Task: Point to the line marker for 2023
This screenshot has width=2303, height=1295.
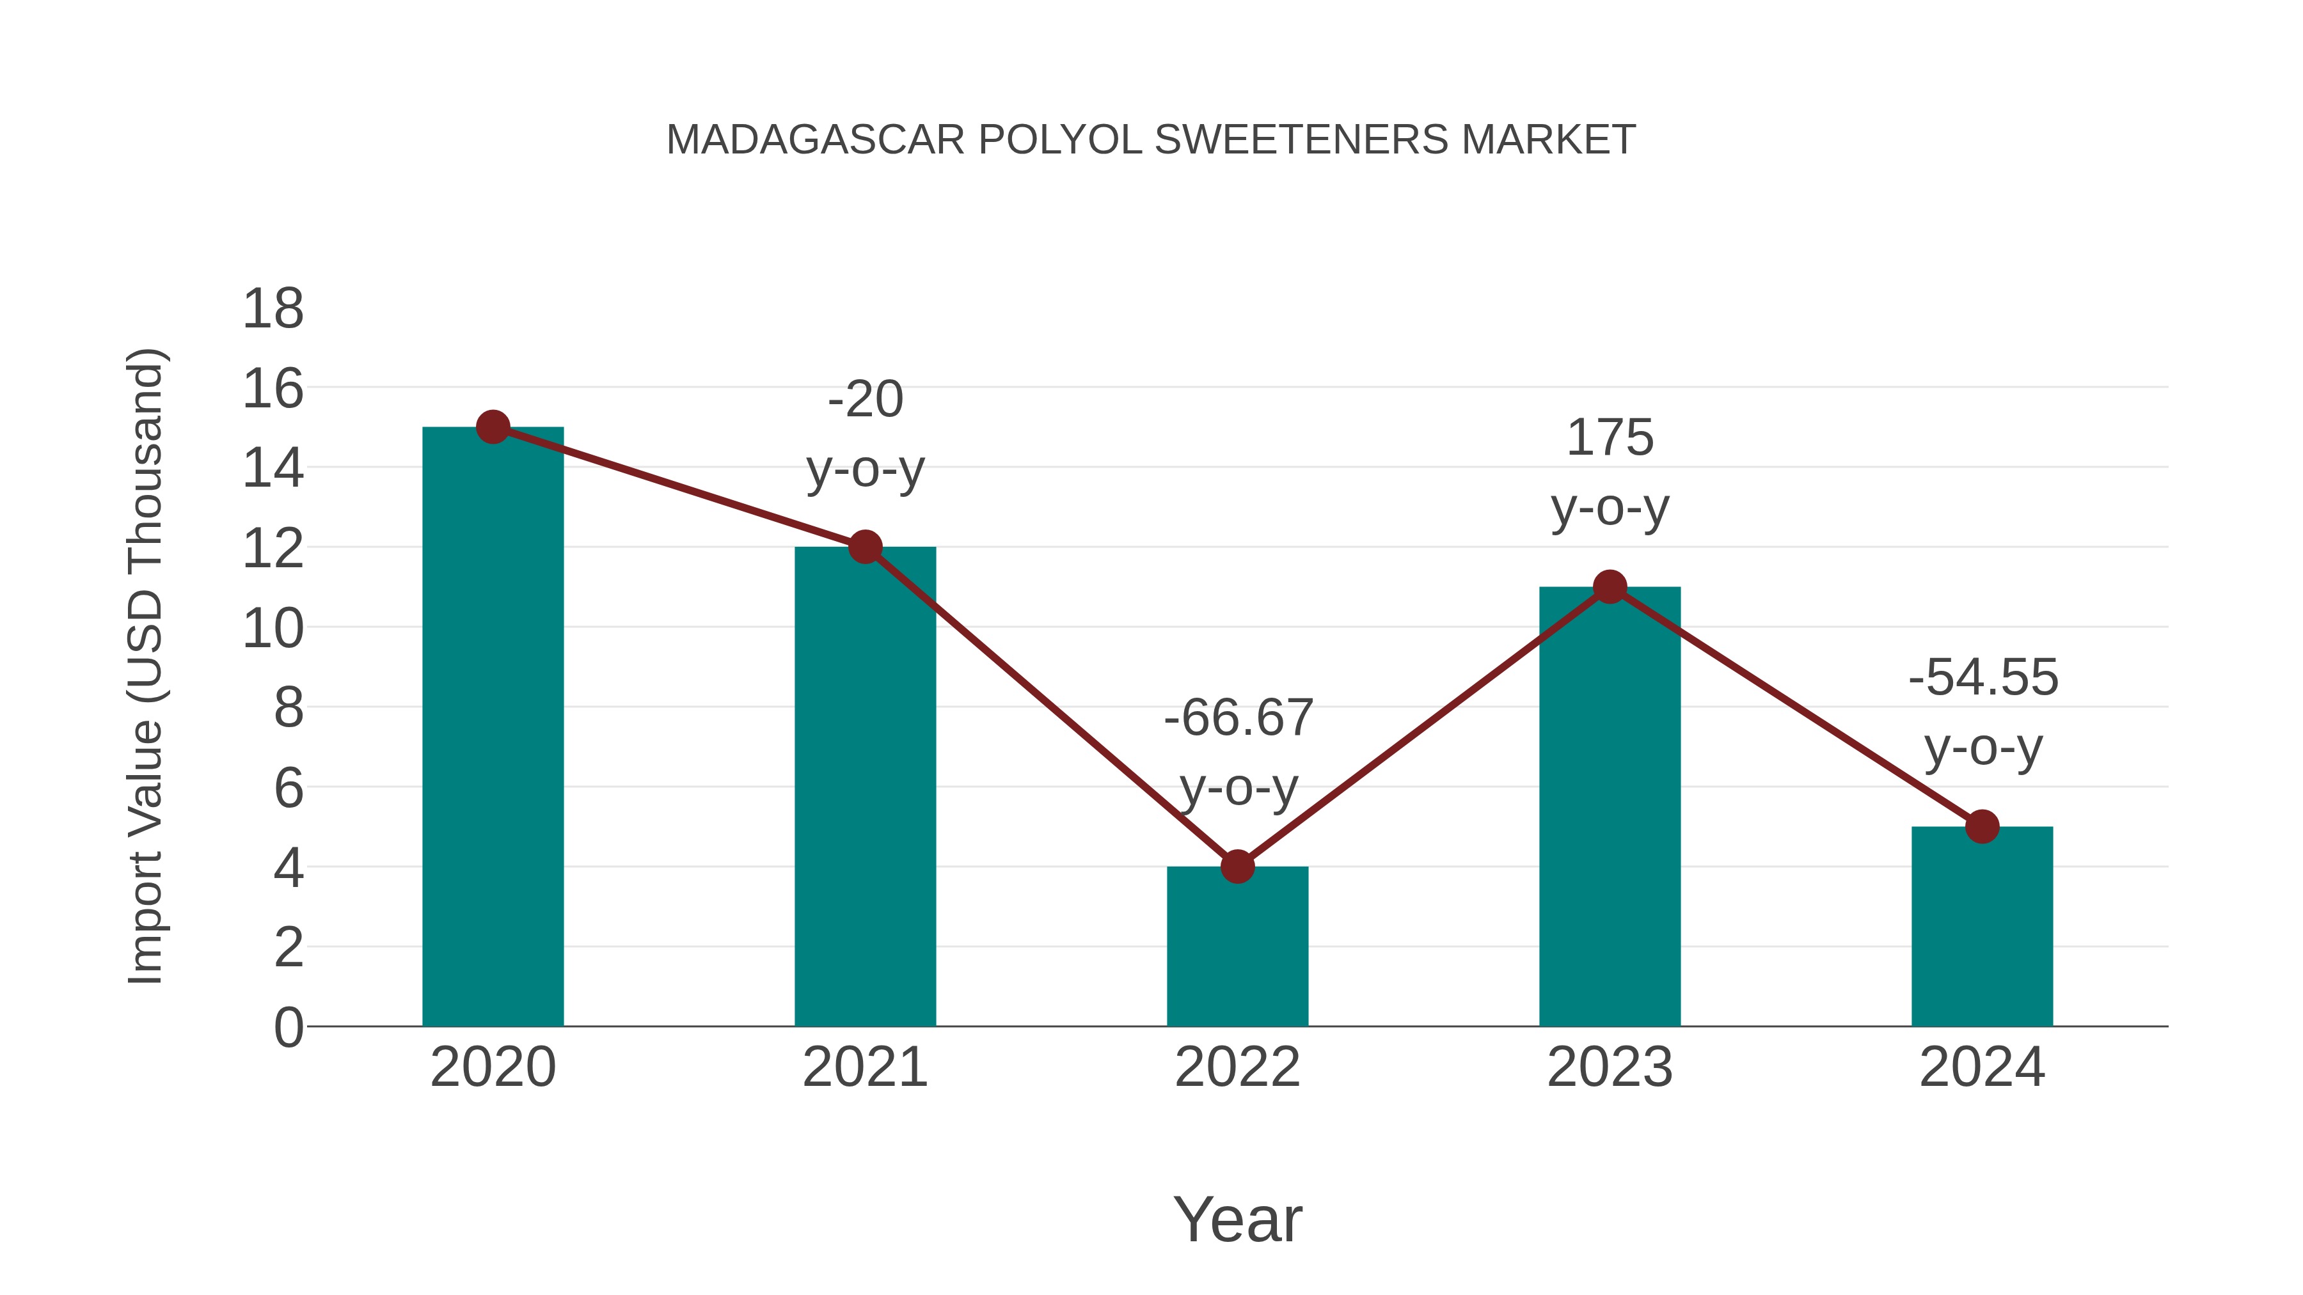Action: point(1610,587)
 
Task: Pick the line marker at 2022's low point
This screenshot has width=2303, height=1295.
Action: point(1237,866)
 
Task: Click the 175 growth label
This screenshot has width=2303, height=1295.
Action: point(1610,438)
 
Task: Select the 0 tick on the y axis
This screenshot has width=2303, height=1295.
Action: point(288,1028)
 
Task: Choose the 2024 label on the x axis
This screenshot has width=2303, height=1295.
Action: point(1982,1067)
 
